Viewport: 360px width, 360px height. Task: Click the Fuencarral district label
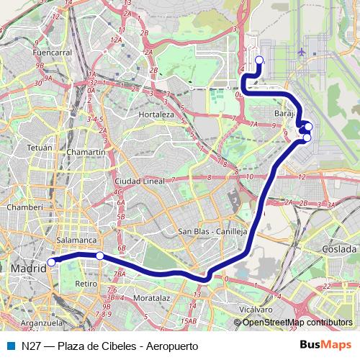[53, 53]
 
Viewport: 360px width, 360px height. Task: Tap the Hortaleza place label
[156, 114]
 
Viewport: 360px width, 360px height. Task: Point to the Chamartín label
[86, 153]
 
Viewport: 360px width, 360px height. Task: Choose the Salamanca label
[76, 240]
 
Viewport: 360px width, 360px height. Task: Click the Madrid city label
[27, 267]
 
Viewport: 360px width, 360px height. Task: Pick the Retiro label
[86, 284]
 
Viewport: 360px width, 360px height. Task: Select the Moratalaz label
[151, 297]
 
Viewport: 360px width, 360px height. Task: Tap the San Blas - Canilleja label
[212, 233]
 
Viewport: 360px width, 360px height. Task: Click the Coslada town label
[340, 248]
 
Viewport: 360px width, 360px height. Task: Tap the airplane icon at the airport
[302, 52]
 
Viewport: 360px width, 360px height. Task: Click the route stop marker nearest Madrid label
[51, 262]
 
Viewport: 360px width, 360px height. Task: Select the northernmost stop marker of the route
[259, 60]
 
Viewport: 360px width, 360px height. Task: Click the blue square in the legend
[10, 346]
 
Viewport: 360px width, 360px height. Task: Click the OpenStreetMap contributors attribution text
[297, 323]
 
